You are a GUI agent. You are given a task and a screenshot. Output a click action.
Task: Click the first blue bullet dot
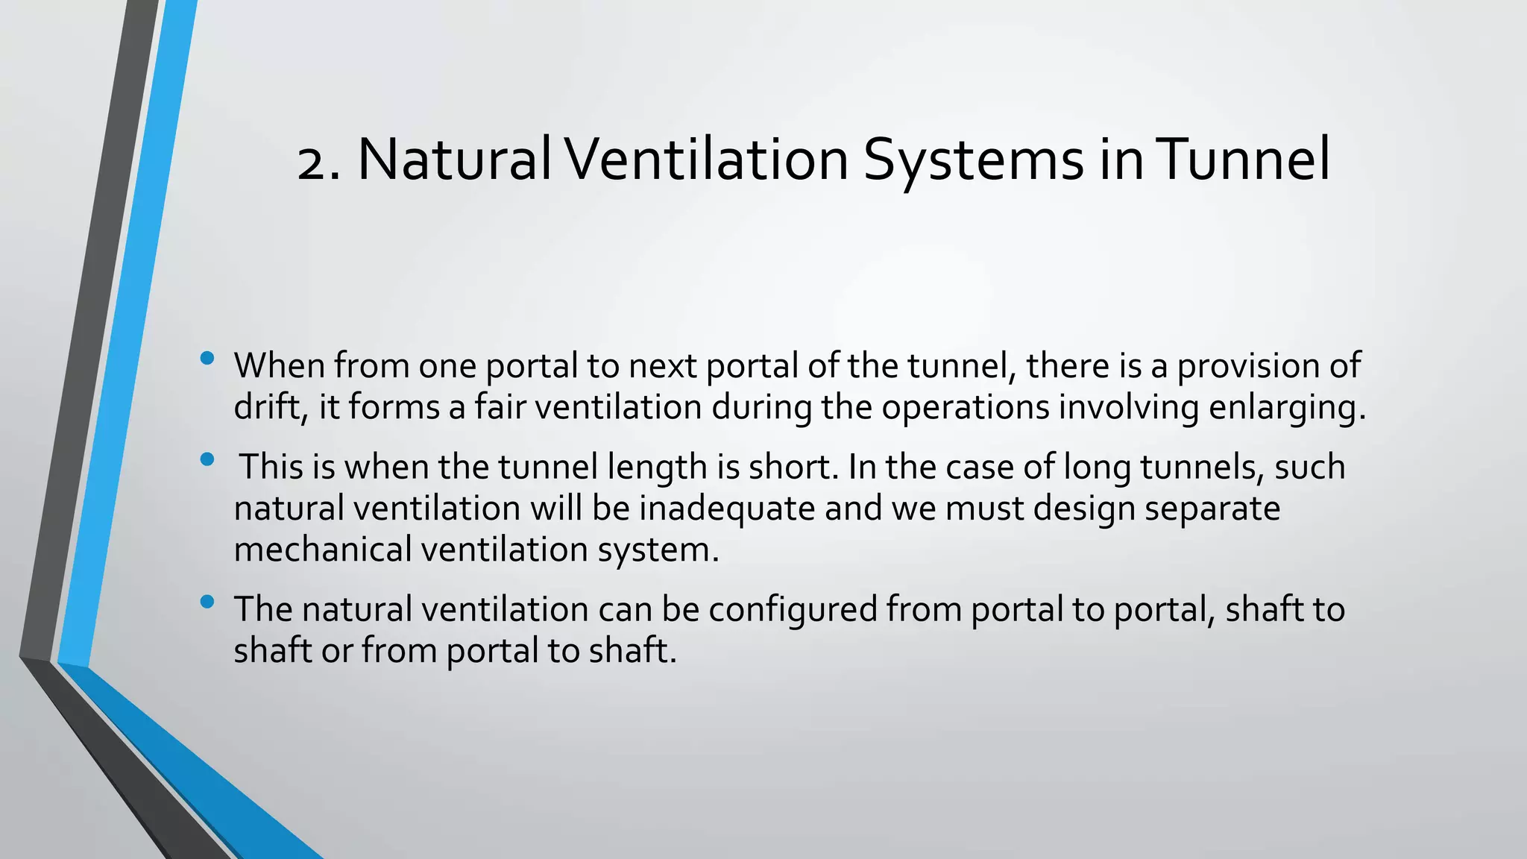pyautogui.click(x=207, y=359)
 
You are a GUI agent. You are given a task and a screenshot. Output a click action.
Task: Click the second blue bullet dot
pyautogui.click(x=207, y=459)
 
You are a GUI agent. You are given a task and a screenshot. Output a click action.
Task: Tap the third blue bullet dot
pyautogui.click(x=207, y=601)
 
